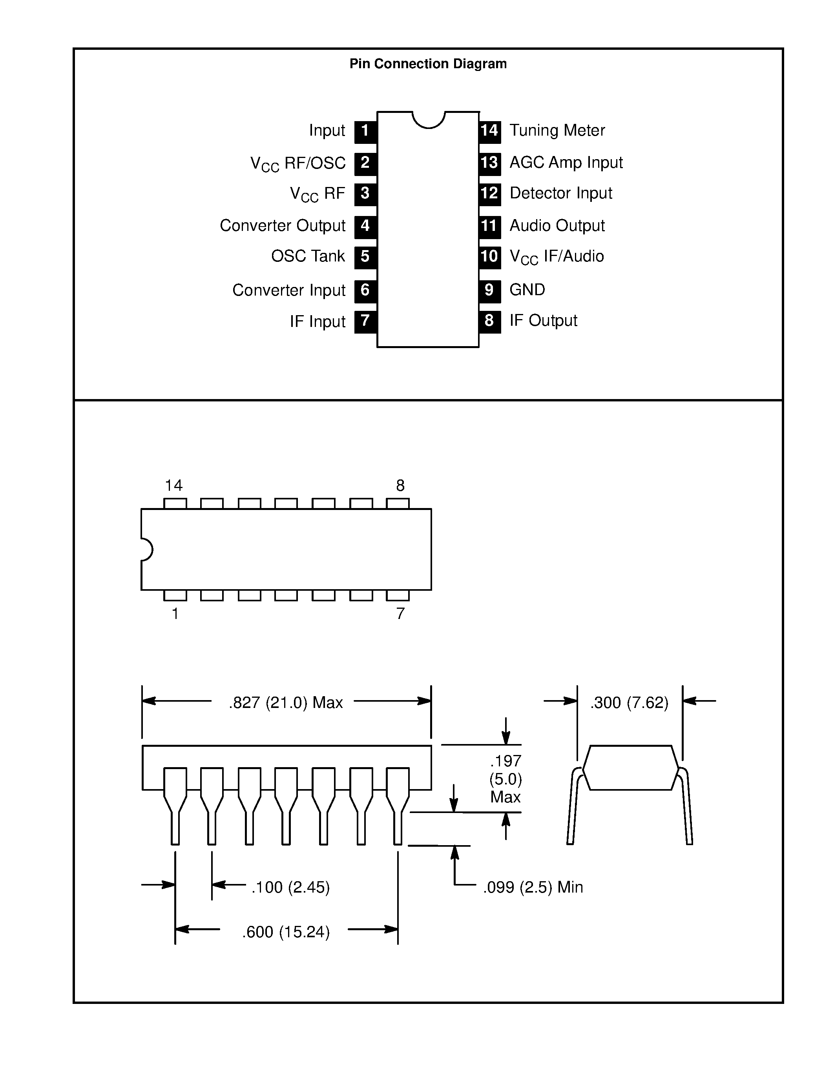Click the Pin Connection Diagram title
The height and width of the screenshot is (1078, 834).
point(428,64)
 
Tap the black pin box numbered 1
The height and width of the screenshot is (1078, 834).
point(365,131)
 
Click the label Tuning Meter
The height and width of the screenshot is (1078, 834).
point(557,130)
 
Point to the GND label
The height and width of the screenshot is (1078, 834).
point(527,290)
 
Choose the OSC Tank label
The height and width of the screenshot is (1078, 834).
point(308,256)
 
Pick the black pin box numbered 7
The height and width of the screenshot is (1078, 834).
point(365,321)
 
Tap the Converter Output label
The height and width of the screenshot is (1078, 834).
point(282,225)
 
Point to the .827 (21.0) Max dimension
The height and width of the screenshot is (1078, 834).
point(286,702)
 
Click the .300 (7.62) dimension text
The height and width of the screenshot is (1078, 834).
point(629,702)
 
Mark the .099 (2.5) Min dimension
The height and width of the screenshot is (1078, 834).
point(533,887)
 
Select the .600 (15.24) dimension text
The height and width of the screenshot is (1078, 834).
point(286,932)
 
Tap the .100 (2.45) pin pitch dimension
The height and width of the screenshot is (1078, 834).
point(290,887)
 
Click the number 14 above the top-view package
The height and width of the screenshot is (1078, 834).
point(173,486)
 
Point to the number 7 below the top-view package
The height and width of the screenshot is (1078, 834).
point(400,613)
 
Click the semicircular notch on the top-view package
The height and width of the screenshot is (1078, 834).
point(147,549)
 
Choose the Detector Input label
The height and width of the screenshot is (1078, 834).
point(560,193)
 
